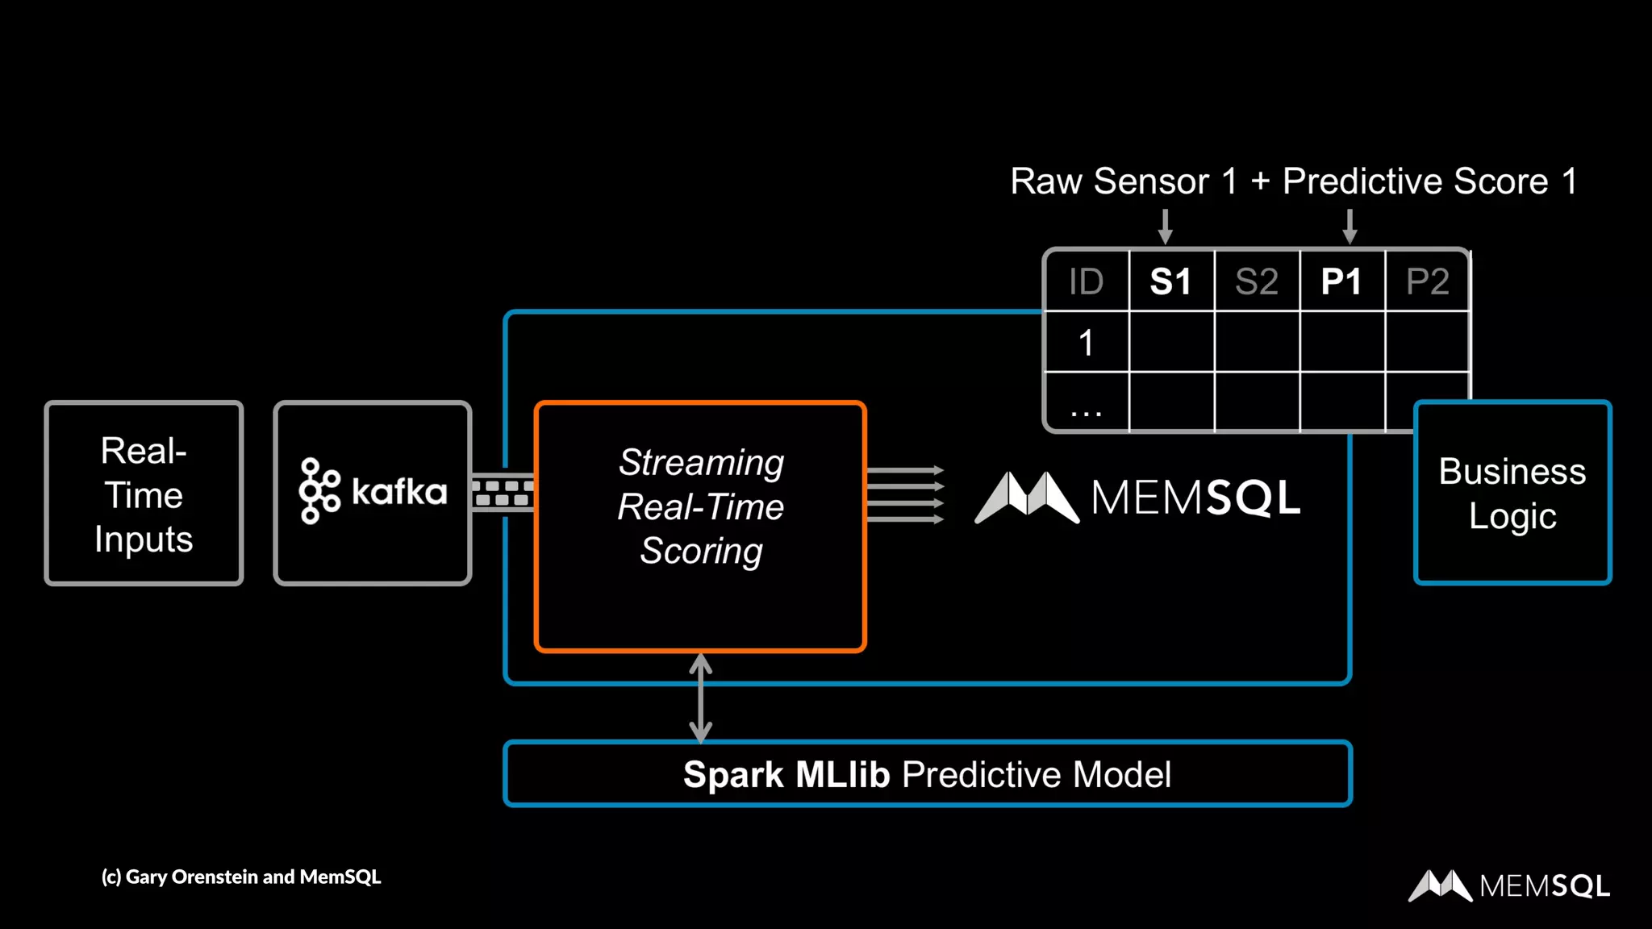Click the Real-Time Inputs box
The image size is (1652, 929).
(144, 493)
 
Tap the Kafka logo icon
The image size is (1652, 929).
(319, 491)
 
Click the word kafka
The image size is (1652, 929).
(399, 492)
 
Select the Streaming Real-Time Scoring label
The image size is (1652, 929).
(701, 506)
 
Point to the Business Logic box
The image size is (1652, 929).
(1512, 493)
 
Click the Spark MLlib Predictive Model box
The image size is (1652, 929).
(928, 773)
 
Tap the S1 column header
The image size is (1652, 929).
(1171, 281)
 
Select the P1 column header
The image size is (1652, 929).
(1342, 281)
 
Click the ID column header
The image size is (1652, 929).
(1086, 281)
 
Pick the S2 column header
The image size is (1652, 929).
(1257, 281)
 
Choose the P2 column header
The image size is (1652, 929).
(1428, 281)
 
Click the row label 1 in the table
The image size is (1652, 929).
(1086, 343)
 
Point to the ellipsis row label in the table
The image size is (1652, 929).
(1086, 414)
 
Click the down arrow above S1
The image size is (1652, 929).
(1165, 227)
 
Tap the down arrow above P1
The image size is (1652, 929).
(1350, 227)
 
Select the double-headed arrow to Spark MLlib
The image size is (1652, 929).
(700, 698)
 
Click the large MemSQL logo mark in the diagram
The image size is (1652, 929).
(1027, 497)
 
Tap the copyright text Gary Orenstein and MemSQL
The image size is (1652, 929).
(241, 877)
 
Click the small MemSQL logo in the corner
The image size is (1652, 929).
(1509, 885)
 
